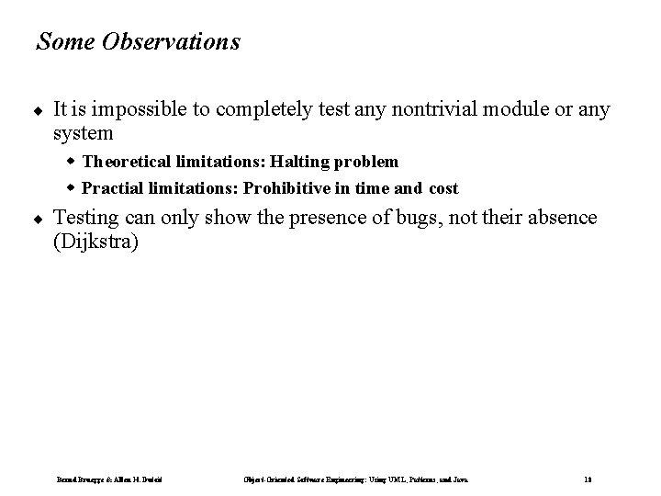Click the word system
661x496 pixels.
pyautogui.click(x=84, y=134)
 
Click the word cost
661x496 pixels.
pyautogui.click(x=442, y=188)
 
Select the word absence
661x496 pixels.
pyautogui.click(x=563, y=218)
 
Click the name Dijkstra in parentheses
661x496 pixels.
pyautogui.click(x=95, y=242)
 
